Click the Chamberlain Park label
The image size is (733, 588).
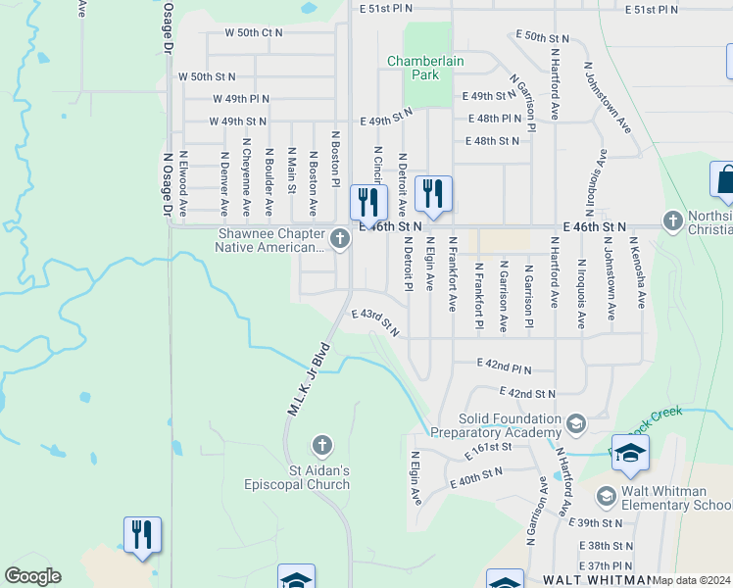(425, 67)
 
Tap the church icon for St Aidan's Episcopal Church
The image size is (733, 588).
(320, 447)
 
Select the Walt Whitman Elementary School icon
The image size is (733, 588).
(605, 495)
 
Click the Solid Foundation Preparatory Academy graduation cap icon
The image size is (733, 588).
(576, 423)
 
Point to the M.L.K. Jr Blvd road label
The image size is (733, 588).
(307, 379)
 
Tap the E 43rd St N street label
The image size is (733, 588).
(375, 321)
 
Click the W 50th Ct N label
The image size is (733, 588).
(253, 32)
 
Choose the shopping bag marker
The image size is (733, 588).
(726, 181)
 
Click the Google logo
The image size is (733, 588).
(32, 576)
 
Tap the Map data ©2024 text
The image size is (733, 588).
(691, 580)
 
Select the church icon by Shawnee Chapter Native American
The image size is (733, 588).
(339, 238)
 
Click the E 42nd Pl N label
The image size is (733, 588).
(504, 366)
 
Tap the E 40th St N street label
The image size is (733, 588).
(476, 477)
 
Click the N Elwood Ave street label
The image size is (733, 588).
(182, 182)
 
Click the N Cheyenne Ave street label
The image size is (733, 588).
(246, 182)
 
